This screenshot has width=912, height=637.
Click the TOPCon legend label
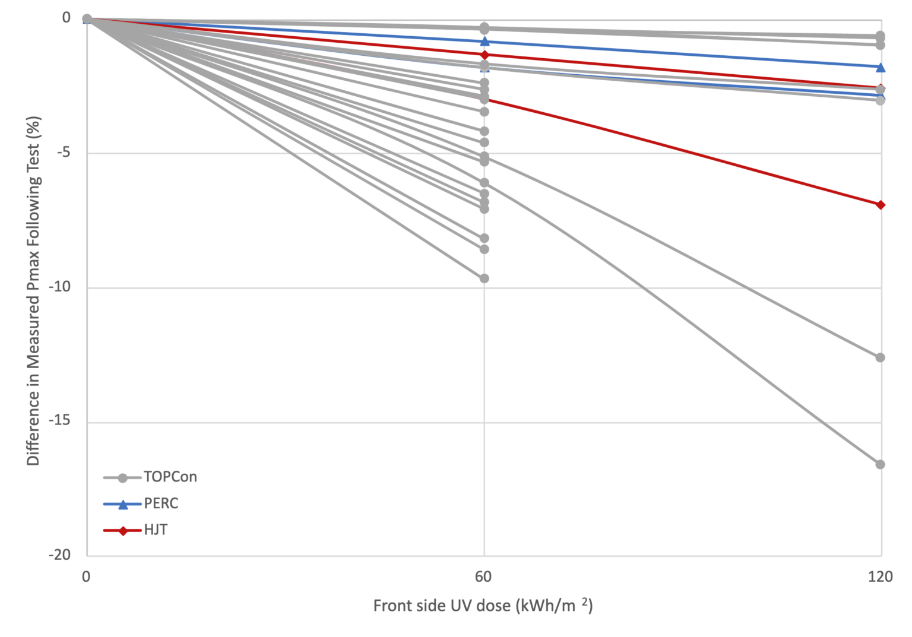pos(170,477)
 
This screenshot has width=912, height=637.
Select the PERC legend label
pos(161,503)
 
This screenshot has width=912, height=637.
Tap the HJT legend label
pos(156,530)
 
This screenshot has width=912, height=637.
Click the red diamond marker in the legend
pos(123,530)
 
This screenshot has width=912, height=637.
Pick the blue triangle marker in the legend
pos(123,505)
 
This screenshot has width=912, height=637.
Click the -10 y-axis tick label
pos(59,287)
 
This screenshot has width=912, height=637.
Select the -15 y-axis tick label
pos(59,420)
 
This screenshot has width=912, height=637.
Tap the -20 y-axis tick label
pos(59,554)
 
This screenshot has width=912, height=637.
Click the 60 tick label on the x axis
pos(483,576)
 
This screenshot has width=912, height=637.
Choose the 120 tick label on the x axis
pos(880,576)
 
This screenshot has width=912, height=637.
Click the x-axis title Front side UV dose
pos(483,606)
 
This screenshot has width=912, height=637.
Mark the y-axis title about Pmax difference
pos(33,291)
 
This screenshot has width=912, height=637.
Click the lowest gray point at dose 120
pos(880,464)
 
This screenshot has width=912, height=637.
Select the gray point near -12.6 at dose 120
pos(880,357)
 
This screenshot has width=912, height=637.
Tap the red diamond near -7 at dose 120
pos(881,205)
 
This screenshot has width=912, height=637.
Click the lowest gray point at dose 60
pos(484,278)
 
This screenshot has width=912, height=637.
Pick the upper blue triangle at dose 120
pos(881,67)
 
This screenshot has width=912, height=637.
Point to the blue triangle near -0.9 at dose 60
pos(484,41)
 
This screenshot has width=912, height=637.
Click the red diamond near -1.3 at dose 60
pos(484,55)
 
